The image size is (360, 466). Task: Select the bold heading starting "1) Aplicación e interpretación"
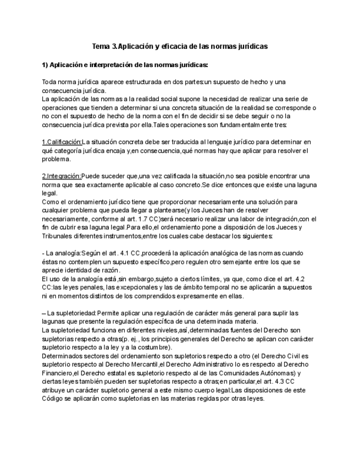125,64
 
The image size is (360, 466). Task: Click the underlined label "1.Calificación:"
62,142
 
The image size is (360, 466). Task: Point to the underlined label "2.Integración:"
61,176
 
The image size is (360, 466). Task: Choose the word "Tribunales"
58,236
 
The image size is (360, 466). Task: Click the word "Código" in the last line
53,398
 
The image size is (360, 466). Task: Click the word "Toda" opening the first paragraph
49,82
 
